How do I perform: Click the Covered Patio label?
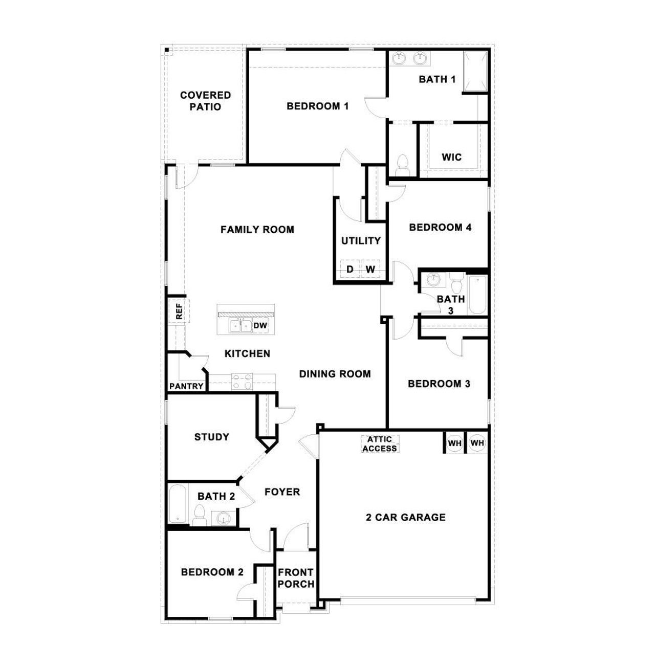click(205, 101)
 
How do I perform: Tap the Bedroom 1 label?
click(317, 106)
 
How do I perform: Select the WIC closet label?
click(451, 157)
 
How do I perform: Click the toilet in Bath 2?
click(200, 514)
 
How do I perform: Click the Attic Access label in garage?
click(380, 443)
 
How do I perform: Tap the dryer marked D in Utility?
click(350, 269)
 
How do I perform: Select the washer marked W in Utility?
click(370, 269)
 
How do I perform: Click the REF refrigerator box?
click(179, 311)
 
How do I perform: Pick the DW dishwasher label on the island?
click(260, 325)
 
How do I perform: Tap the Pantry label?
click(186, 386)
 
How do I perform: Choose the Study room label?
click(211, 437)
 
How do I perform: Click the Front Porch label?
click(296, 578)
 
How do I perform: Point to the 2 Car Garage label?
click(406, 517)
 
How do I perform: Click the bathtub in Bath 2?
click(178, 504)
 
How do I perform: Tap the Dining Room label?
click(335, 374)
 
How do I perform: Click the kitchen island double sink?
click(241, 325)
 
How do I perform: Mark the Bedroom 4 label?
click(440, 228)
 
